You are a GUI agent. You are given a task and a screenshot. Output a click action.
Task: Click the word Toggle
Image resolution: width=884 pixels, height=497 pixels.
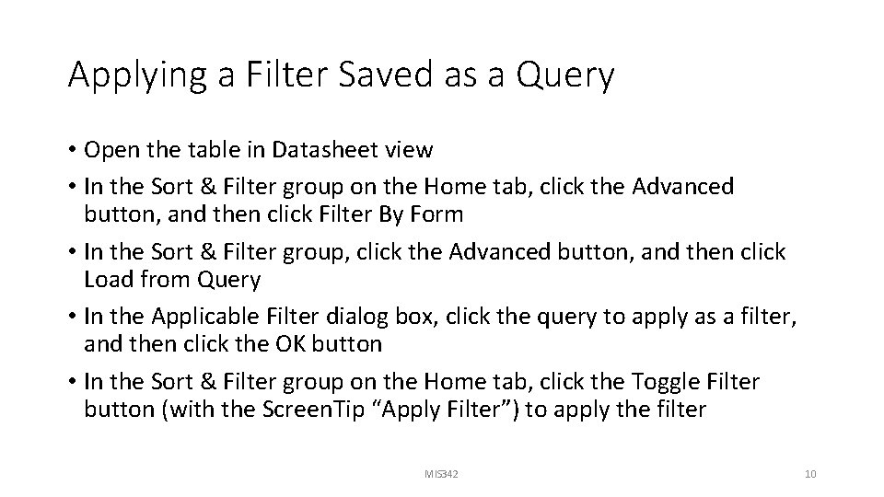pos(646,381)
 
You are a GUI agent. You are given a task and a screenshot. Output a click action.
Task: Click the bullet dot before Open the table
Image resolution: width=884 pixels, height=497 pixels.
pos(73,150)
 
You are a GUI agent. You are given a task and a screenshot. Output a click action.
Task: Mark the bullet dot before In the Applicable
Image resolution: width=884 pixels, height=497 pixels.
pos(73,317)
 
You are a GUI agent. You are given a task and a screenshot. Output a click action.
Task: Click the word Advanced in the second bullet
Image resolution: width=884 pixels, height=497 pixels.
pos(682,187)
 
